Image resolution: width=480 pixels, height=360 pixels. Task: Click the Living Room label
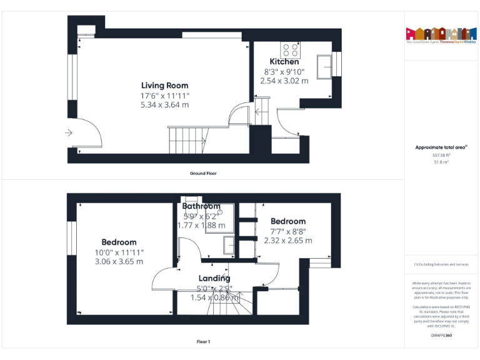[164, 86]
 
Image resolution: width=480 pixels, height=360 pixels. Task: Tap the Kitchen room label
[284, 62]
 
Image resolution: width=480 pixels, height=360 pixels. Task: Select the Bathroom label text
[201, 206]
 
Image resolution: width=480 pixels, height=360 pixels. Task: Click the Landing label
[214, 278]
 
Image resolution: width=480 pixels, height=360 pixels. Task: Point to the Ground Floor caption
[203, 173]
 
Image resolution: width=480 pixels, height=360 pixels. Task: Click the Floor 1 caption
[203, 341]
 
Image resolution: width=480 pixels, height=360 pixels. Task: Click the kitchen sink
[326, 67]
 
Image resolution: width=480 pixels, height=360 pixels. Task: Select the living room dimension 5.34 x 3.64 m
[164, 105]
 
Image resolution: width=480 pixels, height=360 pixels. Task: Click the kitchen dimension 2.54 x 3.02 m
[284, 81]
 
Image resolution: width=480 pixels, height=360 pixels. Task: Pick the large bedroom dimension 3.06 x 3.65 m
[119, 261]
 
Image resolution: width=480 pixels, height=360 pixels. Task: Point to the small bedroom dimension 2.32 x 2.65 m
[288, 240]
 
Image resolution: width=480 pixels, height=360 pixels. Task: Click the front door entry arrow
[68, 132]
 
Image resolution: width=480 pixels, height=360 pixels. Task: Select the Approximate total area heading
[441, 147]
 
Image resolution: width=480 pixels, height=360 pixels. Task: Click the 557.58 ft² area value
[441, 155]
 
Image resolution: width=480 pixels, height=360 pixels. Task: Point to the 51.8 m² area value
[441, 161]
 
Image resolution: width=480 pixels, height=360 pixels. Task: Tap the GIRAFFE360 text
[441, 336]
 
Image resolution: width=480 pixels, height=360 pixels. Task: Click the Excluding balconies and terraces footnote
[441, 264]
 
